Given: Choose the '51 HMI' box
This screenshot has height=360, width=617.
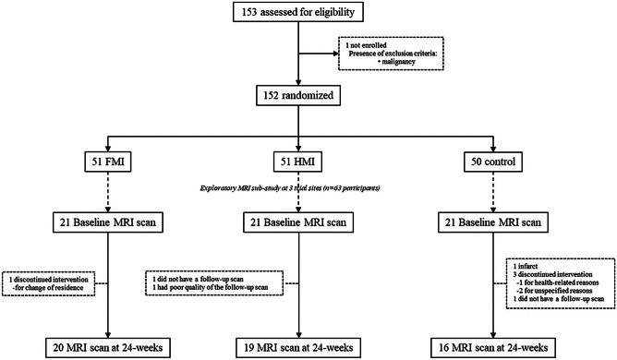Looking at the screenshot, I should [297, 165].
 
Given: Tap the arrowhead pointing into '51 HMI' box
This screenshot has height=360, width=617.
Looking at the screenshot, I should [297, 152].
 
